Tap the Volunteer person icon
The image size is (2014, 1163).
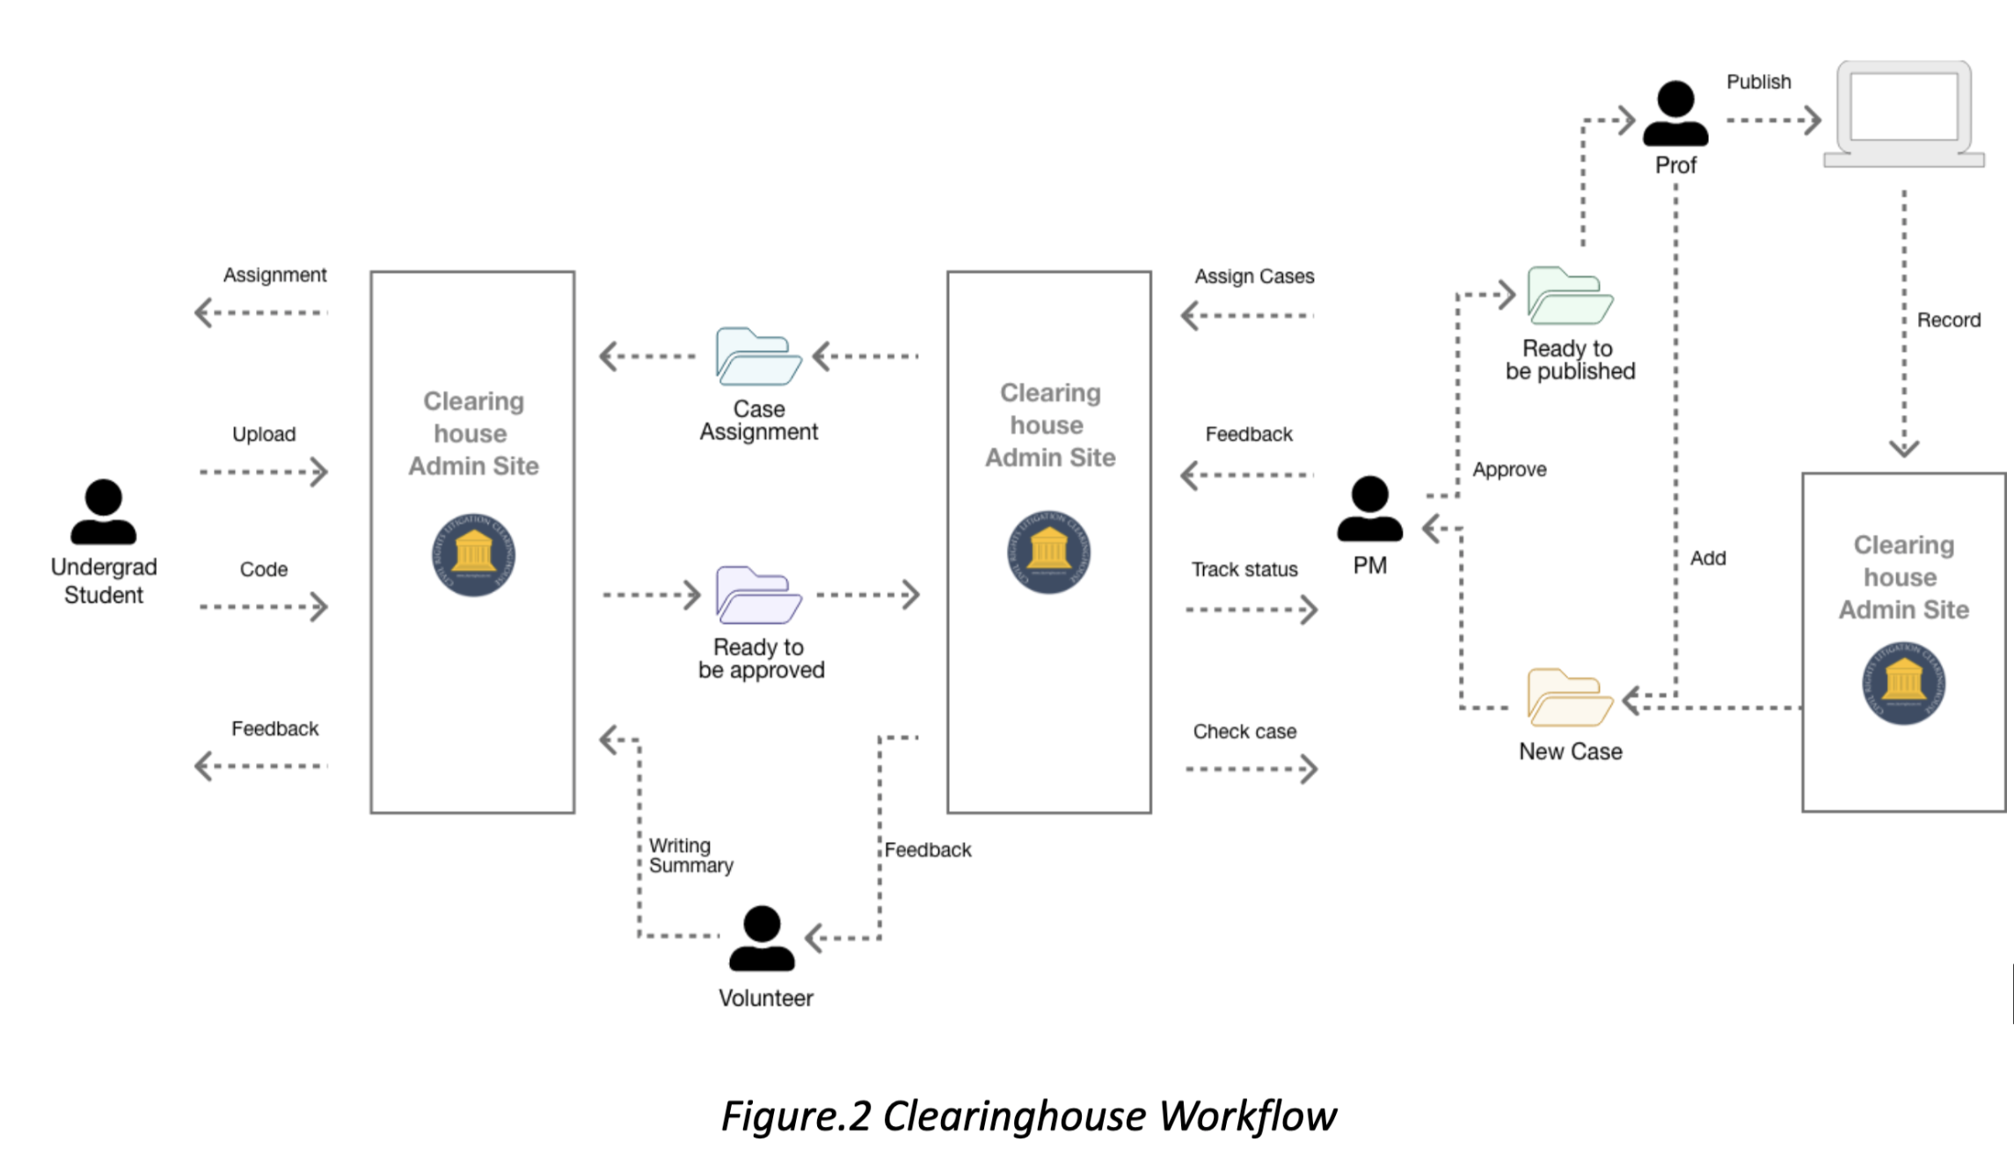(762, 939)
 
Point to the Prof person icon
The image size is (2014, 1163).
(1675, 113)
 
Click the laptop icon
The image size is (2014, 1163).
(1904, 115)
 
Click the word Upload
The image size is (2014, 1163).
(264, 434)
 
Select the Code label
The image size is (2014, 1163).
(264, 569)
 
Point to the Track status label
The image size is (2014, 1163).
(1244, 569)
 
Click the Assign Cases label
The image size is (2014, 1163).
(1254, 276)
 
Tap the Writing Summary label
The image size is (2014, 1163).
(690, 855)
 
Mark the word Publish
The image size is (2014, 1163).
(1758, 82)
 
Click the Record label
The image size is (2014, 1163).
(1949, 320)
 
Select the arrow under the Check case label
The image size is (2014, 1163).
(1251, 769)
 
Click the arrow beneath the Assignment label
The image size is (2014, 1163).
(260, 312)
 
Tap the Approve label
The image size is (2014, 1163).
(1509, 469)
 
